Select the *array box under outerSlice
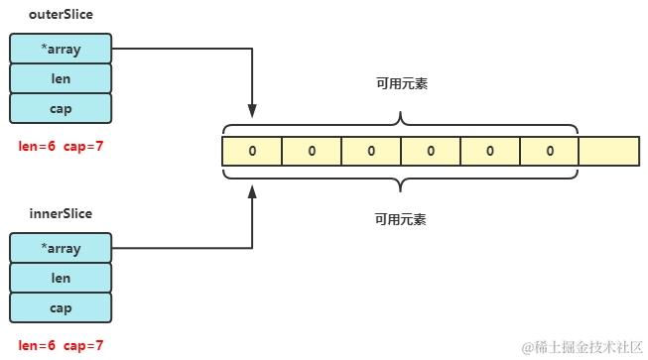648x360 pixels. click(x=61, y=48)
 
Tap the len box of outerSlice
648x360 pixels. click(x=61, y=77)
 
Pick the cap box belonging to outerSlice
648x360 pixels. click(x=61, y=107)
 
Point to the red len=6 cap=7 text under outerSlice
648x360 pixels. click(x=61, y=146)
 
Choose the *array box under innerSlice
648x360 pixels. click(x=61, y=248)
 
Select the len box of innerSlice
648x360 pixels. click(x=61, y=278)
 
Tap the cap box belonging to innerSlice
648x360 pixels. click(x=61, y=307)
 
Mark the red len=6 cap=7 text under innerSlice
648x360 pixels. click(x=61, y=346)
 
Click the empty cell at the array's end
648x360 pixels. click(x=608, y=151)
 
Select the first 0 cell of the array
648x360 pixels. click(x=252, y=151)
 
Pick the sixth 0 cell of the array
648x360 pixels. click(x=549, y=151)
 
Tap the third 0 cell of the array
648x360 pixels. click(x=371, y=151)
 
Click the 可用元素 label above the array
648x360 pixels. click(x=400, y=85)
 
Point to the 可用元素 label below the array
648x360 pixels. click(x=400, y=219)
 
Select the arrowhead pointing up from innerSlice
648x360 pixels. click(x=252, y=189)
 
